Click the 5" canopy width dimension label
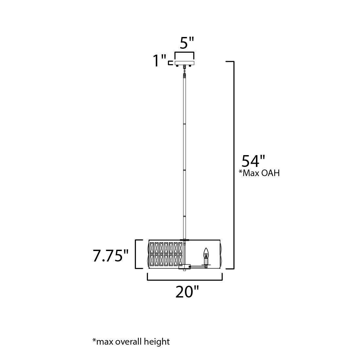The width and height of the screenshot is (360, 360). pos(187,43)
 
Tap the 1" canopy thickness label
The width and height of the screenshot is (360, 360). pos(160,61)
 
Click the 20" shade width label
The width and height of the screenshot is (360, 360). pos(187,292)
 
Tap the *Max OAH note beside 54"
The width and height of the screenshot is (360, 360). pos(259,173)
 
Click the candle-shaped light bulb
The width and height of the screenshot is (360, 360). pos(206,252)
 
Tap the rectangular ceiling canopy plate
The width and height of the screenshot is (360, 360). pos(185,63)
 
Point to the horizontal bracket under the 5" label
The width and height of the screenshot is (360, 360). pos(185,53)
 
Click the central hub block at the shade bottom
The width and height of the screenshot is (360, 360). pos(184,267)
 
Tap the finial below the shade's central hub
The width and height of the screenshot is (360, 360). pos(185,270)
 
